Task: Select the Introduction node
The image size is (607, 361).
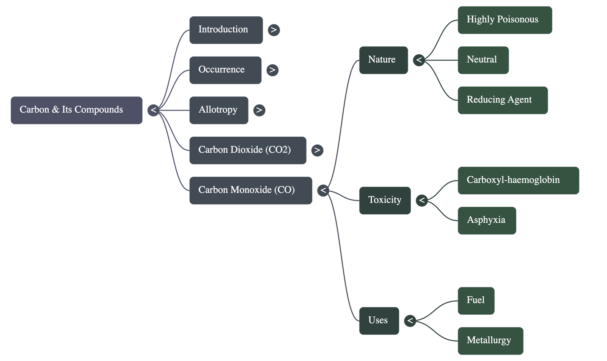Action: [x=226, y=30]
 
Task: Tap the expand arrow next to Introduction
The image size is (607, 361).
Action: [x=274, y=30]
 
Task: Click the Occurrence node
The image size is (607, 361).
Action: [x=225, y=70]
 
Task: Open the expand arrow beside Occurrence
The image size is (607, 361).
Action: [x=272, y=70]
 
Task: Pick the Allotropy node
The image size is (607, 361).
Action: [x=219, y=110]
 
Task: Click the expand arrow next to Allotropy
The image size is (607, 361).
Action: [x=259, y=110]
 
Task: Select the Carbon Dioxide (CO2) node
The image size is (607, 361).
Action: [x=247, y=150]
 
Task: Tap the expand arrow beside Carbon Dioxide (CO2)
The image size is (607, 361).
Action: [x=317, y=150]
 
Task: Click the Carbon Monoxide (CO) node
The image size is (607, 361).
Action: [x=250, y=190]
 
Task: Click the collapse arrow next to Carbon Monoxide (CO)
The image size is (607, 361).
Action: [x=323, y=190]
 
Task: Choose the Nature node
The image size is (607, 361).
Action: [x=383, y=60]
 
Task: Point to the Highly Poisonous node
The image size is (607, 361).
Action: [x=505, y=20]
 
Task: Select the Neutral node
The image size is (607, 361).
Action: [x=483, y=60]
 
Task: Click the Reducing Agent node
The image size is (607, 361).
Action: [x=502, y=100]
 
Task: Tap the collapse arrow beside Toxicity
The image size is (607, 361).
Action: [x=422, y=200]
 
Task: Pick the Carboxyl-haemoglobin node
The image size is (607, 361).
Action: [x=518, y=180]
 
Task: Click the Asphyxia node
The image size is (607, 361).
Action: [x=486, y=220]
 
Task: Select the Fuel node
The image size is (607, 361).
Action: [x=476, y=300]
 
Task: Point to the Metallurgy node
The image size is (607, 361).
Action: [x=490, y=341]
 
